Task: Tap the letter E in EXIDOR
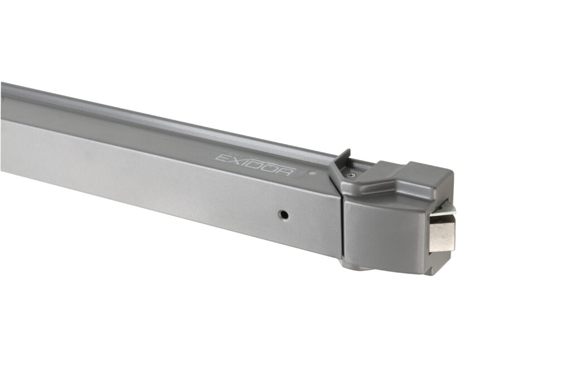click(x=221, y=158)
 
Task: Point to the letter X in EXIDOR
click(x=234, y=161)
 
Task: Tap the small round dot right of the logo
click(x=312, y=173)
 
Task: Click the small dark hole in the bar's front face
click(x=284, y=214)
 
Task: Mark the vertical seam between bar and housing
click(x=341, y=229)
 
